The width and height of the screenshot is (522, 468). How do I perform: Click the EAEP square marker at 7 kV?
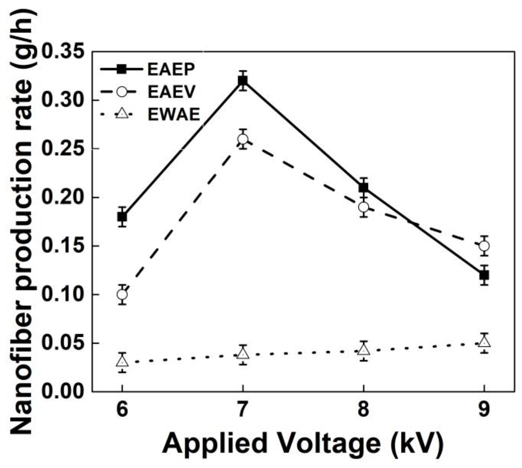click(243, 81)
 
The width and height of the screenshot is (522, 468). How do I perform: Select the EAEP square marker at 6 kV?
click(122, 217)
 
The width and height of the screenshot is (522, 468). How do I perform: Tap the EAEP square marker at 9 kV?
click(484, 275)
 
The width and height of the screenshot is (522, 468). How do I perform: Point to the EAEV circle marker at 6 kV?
click(122, 294)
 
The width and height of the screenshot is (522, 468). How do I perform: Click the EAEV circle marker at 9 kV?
click(484, 246)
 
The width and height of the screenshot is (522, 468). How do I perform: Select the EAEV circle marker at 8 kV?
click(363, 207)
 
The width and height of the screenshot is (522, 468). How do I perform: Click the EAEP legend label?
click(171, 69)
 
